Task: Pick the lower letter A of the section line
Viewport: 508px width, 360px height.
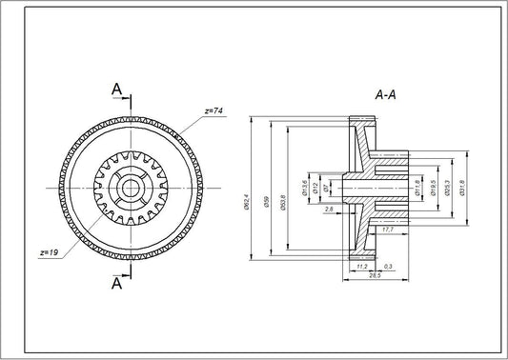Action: pos(117,283)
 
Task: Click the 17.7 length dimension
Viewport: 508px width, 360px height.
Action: pos(388,230)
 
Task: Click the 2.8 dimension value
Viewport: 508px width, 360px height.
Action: pos(329,208)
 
